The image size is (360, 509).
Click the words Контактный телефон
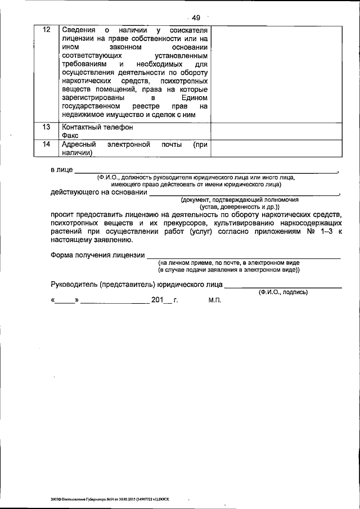click(97, 127)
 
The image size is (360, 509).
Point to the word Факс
click(71, 136)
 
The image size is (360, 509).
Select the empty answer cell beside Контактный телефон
click(277, 131)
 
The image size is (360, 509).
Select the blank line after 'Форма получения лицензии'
click(243, 256)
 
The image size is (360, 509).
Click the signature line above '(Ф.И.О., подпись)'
click(283, 287)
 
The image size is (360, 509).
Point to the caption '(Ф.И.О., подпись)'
click(283, 292)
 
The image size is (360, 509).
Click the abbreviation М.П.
click(215, 301)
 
